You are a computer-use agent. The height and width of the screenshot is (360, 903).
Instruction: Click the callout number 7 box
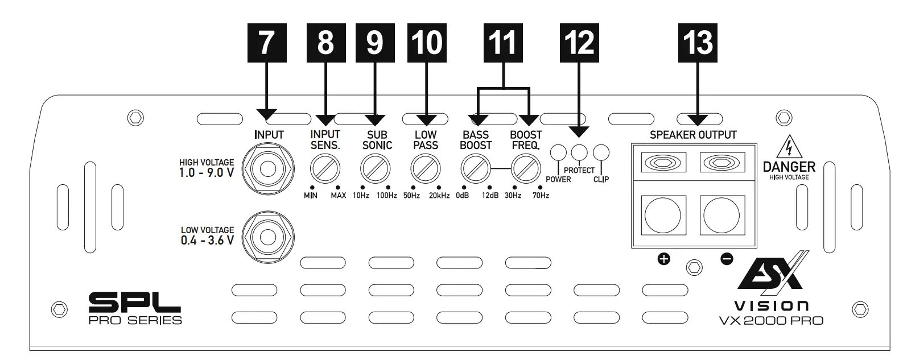coord(265,43)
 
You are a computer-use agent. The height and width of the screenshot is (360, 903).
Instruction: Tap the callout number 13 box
coord(698,43)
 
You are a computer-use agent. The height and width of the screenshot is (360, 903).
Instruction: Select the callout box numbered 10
coord(426,43)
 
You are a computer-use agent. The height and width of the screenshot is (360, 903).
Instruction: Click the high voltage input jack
coord(267,169)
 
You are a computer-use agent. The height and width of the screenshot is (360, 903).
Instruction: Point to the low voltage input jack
coord(267,237)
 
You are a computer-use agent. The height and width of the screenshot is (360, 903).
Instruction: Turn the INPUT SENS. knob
coord(325,169)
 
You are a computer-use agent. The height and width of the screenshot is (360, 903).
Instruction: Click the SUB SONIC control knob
coord(375,169)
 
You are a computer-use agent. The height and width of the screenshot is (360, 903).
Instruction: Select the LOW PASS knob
coord(425,169)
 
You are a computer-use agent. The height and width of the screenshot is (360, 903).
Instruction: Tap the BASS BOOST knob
coord(475,169)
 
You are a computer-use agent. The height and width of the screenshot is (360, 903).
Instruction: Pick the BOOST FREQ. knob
coord(525,169)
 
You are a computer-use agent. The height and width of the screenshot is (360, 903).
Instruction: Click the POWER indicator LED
coord(559,153)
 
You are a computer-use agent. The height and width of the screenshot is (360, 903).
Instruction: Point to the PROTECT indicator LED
coord(579,152)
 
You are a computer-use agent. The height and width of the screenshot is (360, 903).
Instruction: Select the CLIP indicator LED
coord(601,152)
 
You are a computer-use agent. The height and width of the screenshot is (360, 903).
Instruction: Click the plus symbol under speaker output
coord(663,259)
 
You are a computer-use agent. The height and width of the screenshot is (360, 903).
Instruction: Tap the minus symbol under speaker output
coord(727,259)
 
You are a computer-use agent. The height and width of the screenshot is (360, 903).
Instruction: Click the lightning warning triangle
coord(789,148)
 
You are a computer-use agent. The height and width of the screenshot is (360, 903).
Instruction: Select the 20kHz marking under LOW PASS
coord(438,196)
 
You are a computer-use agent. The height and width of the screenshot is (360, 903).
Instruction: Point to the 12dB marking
coord(490,196)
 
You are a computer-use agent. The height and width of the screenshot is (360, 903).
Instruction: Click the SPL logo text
coord(134,301)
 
